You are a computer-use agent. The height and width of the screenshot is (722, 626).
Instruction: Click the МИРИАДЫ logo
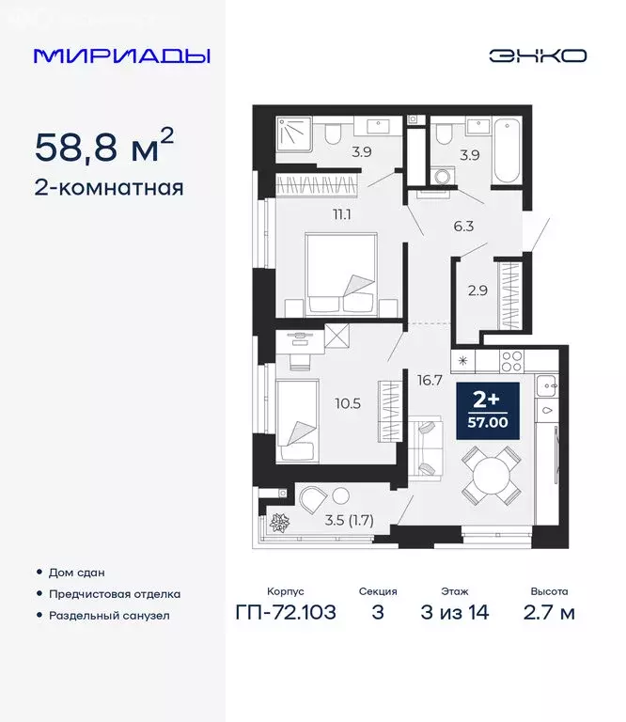121,55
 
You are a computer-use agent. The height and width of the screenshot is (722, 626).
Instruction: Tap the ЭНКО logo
538,55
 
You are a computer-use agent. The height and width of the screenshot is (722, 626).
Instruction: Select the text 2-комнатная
108,187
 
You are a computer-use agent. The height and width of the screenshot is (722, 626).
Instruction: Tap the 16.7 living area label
430,381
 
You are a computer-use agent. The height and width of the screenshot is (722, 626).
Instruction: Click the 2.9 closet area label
477,289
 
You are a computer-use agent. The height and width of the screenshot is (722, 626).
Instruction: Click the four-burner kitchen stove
513,359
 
